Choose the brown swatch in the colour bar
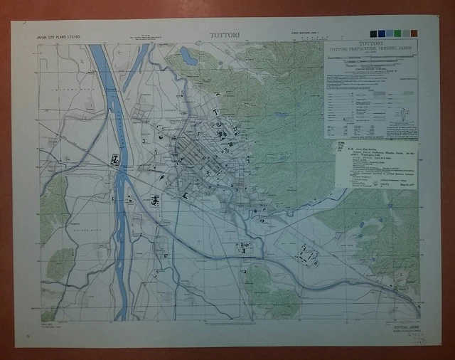[x=415, y=33]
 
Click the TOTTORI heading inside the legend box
[x=370, y=44]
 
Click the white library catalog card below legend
[x=375, y=164]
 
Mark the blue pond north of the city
[x=188, y=55]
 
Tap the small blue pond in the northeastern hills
[x=282, y=114]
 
